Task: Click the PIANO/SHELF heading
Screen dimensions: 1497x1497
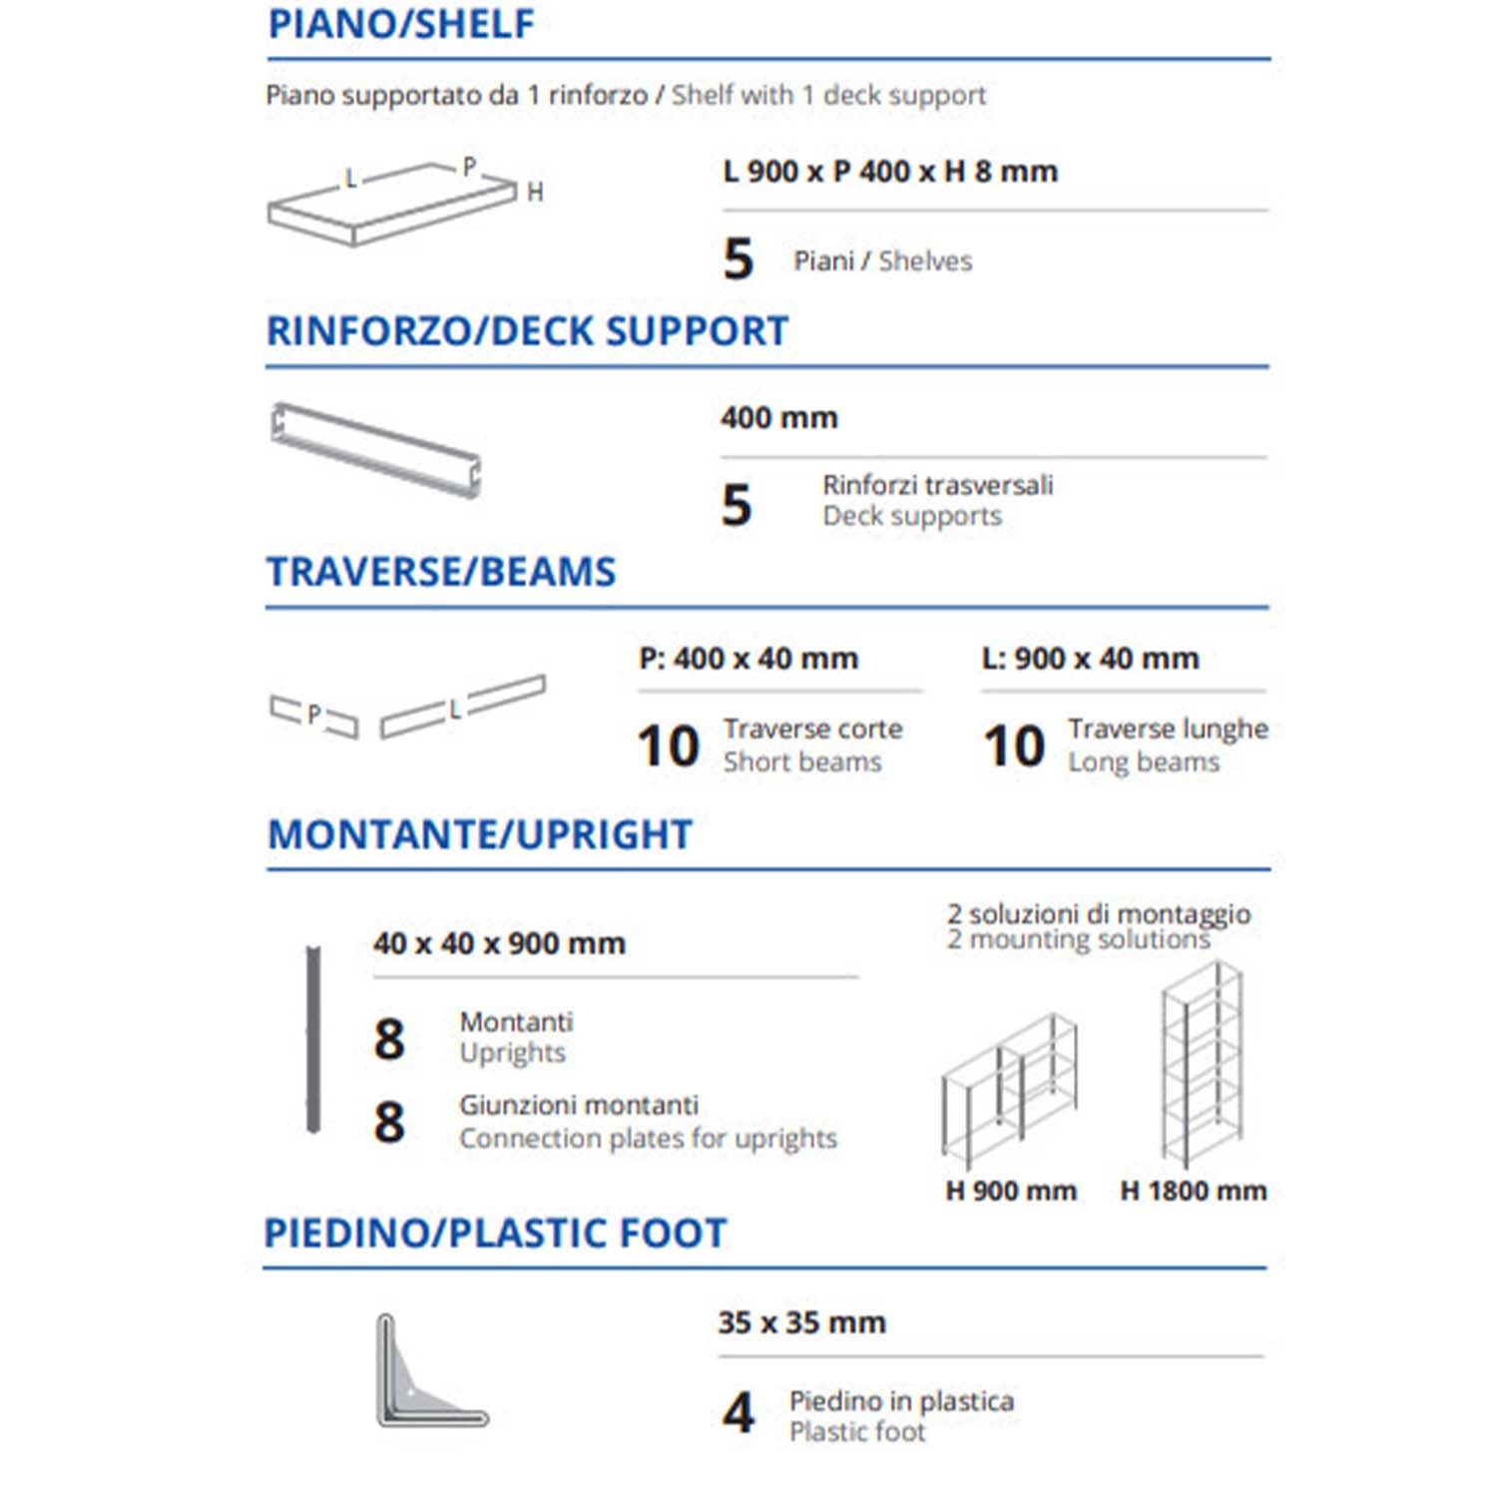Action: tap(401, 24)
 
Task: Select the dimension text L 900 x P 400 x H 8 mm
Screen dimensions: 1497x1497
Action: tap(890, 172)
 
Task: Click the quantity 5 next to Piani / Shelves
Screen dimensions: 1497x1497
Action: tap(739, 259)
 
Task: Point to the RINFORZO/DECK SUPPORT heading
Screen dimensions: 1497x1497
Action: tap(527, 331)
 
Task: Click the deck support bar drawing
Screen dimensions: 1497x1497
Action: tap(376, 449)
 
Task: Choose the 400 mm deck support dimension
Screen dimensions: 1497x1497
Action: tap(779, 417)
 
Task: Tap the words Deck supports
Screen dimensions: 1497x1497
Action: tap(912, 517)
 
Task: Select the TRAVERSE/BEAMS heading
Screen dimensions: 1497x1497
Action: tap(441, 572)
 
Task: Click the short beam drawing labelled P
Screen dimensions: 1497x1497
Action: tap(313, 716)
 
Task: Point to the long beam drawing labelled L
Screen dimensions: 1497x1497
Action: tap(462, 707)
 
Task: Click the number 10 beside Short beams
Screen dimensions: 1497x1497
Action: tap(669, 747)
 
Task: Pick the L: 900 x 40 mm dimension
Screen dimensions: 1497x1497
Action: tap(1091, 659)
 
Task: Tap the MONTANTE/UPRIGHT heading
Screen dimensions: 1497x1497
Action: tap(480, 834)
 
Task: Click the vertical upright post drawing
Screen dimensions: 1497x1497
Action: tap(313, 1039)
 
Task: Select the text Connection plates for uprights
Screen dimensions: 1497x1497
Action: tap(648, 1139)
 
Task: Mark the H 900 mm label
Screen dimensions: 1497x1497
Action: tap(1011, 1191)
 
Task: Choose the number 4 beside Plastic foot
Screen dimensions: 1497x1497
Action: tap(739, 1413)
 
